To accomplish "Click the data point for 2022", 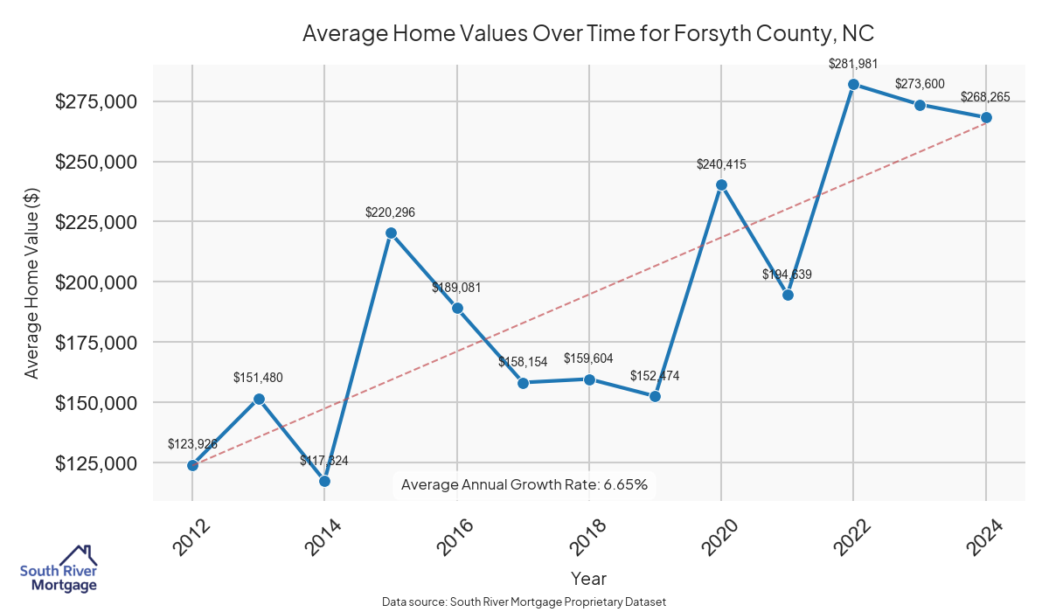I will [x=853, y=84].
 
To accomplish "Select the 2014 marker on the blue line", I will [x=324, y=481].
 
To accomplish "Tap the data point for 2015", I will [x=391, y=233].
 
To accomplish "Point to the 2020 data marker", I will [x=721, y=184].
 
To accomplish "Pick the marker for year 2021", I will [x=788, y=295].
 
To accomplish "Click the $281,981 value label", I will [x=853, y=63].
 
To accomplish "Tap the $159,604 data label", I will [x=589, y=358].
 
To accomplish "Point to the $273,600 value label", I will [x=920, y=84].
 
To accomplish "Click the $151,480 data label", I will [x=258, y=378].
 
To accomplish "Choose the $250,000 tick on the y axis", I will [x=96, y=162].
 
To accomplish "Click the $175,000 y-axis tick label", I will [x=96, y=343].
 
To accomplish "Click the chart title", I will [x=588, y=33].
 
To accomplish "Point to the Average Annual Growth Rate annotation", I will [x=524, y=484].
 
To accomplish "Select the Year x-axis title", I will [x=588, y=578].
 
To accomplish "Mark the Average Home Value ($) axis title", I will [x=31, y=282].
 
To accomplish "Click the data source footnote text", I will [x=524, y=602].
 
